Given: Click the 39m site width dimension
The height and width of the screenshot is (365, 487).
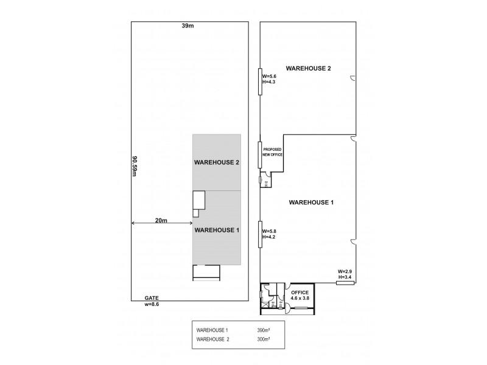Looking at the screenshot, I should [188, 26].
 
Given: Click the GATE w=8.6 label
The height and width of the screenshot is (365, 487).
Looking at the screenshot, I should [151, 301].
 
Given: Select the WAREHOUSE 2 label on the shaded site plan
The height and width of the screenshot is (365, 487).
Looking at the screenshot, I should [217, 162].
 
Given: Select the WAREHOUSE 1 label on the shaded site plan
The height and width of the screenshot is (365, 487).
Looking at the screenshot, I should [217, 230].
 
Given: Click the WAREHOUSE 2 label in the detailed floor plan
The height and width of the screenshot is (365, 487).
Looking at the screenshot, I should [309, 68].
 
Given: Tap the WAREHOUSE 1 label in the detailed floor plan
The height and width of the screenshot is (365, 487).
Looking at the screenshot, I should [310, 201].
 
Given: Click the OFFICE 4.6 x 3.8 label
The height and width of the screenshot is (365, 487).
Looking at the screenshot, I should [300, 295].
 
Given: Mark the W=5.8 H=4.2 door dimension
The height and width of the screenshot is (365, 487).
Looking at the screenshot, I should [270, 234].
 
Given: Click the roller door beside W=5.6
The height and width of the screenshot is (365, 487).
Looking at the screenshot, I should [260, 81].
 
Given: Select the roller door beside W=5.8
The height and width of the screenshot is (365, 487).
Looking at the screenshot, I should [260, 234].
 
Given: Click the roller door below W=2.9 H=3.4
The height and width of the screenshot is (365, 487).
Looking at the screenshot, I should [345, 283].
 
